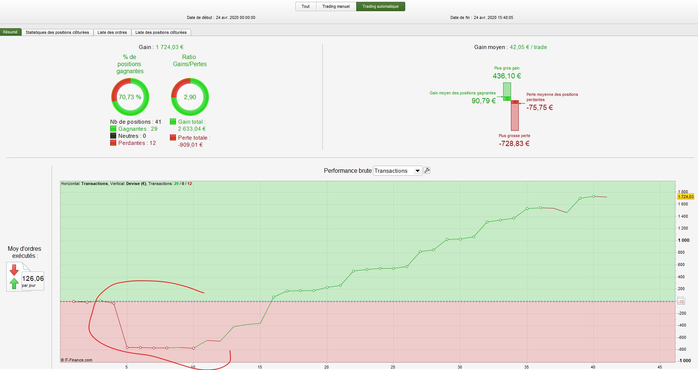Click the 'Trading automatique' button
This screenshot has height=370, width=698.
point(380,7)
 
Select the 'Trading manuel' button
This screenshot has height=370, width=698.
point(336,7)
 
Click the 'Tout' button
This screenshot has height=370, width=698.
point(305,7)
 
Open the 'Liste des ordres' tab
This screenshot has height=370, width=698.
point(112,33)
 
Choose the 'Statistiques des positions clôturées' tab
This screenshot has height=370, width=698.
point(57,33)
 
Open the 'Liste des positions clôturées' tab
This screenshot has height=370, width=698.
point(161,33)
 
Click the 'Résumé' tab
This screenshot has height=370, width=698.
point(10,32)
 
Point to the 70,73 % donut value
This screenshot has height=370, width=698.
point(130,97)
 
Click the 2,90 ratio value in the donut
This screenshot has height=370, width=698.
point(190,97)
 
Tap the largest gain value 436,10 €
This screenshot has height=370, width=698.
point(507,76)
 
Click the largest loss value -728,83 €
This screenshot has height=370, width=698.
point(514,144)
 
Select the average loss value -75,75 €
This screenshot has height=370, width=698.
point(540,108)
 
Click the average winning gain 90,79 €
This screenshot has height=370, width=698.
point(484,101)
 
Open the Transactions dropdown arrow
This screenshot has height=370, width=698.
point(417,171)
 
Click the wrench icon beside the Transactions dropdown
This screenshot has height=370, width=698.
point(427,171)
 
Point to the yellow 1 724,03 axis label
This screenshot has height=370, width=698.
point(685,197)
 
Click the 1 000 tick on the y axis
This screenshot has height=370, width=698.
point(684,240)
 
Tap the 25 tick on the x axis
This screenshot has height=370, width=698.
point(393,367)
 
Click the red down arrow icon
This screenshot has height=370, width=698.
point(14,270)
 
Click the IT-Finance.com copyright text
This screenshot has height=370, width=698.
point(77,360)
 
